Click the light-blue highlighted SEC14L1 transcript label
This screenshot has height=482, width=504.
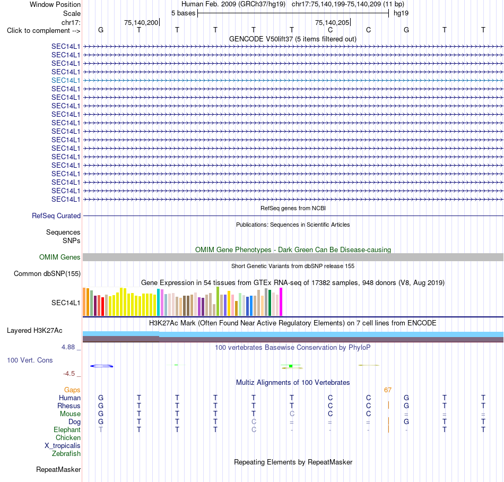coord(66,80)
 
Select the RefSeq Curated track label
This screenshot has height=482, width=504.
coord(56,216)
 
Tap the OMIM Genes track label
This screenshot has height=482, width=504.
coord(59,257)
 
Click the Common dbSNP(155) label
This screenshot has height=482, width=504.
coord(47,273)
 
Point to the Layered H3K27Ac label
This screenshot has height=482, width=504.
coord(34,331)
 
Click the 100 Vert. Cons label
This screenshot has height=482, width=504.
coord(30,360)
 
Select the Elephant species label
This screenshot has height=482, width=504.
coord(67,429)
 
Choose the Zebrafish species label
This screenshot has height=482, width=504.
coord(66,453)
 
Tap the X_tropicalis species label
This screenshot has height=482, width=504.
coord(63,446)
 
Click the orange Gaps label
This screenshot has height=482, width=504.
coord(72,390)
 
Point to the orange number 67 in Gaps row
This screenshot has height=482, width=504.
coord(388,390)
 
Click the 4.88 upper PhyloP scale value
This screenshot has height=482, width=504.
coord(68,347)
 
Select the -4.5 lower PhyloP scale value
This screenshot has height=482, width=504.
coord(69,374)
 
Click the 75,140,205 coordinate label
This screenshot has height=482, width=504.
coord(332,22)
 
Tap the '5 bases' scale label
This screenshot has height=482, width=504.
coord(183,13)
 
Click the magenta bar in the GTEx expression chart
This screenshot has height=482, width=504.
coord(281,302)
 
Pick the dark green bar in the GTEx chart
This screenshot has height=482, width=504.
coord(270,303)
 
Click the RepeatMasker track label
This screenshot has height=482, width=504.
coord(58,469)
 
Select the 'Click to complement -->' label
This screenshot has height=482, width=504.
coord(44,31)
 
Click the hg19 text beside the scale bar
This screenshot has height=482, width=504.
coord(401,13)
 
